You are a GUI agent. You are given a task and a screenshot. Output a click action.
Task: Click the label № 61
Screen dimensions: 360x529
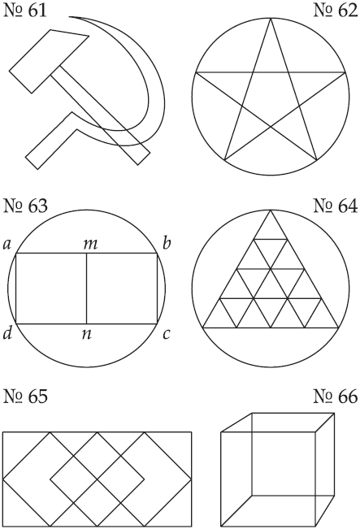[x=25, y=11]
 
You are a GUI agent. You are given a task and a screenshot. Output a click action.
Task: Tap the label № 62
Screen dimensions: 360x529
[x=336, y=11]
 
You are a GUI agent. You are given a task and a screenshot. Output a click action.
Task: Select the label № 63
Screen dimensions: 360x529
[x=25, y=206]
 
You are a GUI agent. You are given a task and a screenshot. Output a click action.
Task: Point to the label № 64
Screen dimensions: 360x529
[x=336, y=206]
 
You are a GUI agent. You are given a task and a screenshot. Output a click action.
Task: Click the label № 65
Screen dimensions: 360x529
[x=25, y=397]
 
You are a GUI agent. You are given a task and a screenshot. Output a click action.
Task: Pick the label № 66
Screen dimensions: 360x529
[x=336, y=397]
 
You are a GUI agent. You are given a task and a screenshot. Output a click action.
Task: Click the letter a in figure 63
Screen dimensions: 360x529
[x=7, y=245]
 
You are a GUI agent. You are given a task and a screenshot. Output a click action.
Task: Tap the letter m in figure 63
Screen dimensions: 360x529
[x=90, y=245]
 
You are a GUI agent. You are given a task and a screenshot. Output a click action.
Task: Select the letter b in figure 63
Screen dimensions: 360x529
[x=167, y=243]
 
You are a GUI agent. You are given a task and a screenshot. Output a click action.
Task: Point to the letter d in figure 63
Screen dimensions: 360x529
[x=7, y=333]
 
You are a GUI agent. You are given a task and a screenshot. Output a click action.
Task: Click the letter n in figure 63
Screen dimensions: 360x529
[x=87, y=335]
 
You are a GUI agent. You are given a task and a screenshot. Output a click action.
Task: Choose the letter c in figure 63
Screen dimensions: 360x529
[x=166, y=335]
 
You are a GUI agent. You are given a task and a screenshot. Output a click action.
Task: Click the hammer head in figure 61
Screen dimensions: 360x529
[x=49, y=61]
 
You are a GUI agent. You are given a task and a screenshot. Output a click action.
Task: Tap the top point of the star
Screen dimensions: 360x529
[x=271, y=18]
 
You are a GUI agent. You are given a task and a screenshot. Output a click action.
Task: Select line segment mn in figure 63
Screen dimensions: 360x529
[x=87, y=288]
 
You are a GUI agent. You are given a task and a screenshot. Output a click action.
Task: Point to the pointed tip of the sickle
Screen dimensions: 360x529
[x=70, y=16]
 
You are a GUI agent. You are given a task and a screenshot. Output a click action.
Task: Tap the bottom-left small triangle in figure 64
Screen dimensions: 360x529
[x=219, y=318]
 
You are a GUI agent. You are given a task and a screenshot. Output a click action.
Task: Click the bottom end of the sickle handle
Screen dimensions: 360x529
[x=32, y=163]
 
